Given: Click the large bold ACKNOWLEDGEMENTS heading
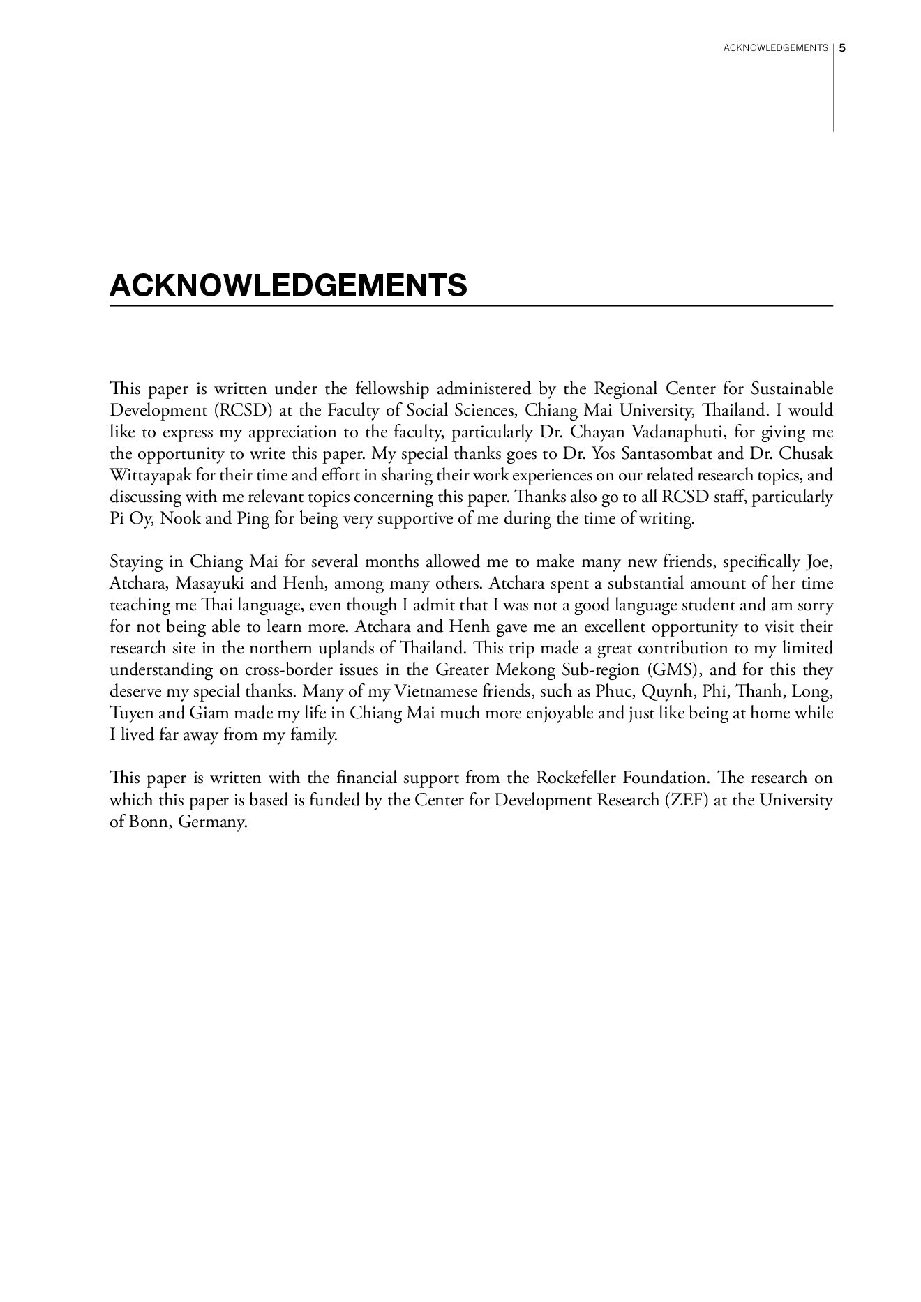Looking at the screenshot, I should coord(288,285).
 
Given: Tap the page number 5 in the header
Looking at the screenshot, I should coord(842,48).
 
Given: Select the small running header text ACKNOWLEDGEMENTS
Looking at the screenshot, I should coord(775,48).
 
